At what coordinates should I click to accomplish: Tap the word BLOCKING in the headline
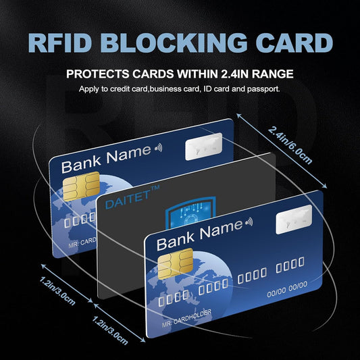tap(184, 42)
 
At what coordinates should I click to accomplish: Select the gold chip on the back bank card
tap(80, 186)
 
